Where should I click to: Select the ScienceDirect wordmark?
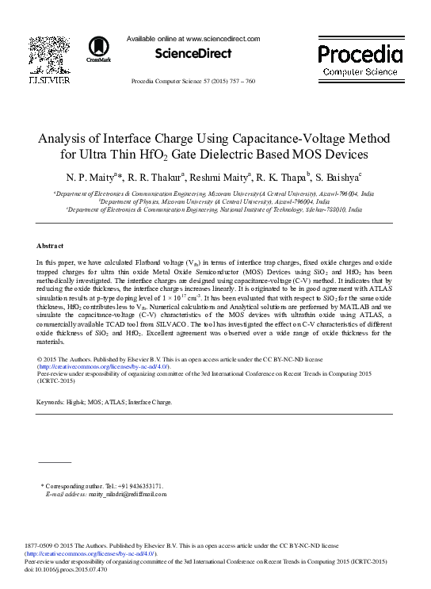[x=193, y=53]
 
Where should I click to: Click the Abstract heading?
[x=50, y=223]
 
